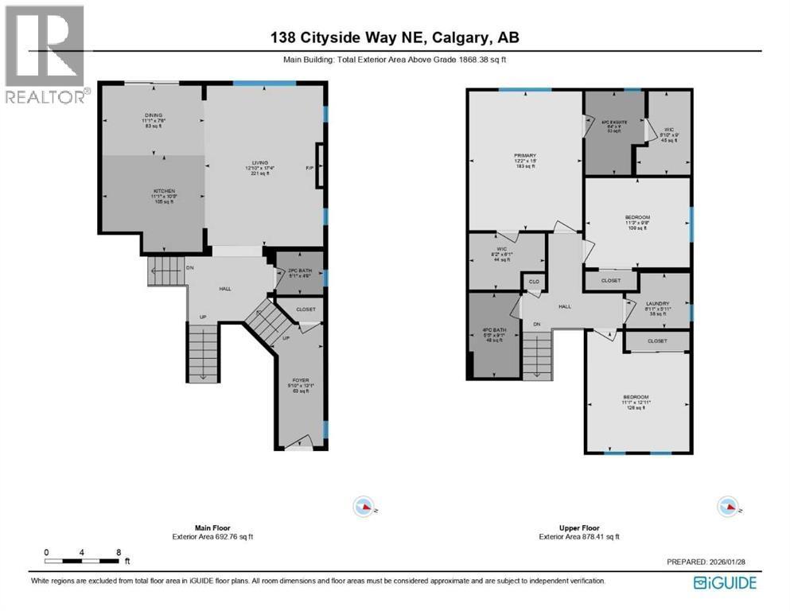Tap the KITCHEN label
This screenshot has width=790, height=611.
coord(142,191)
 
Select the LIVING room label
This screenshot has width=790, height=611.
coord(259,162)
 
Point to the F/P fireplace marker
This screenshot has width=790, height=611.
coord(310,168)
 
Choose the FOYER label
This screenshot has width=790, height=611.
coord(298,380)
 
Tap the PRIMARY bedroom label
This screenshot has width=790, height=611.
coord(524,156)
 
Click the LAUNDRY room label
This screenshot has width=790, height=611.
coord(658,303)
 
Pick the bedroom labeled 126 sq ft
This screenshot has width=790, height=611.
coord(636,397)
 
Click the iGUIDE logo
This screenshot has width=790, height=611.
coord(725,582)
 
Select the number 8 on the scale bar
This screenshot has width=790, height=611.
coord(119,551)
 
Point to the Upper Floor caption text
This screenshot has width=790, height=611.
coord(578,528)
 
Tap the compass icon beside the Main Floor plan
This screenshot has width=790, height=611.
coord(364,505)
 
